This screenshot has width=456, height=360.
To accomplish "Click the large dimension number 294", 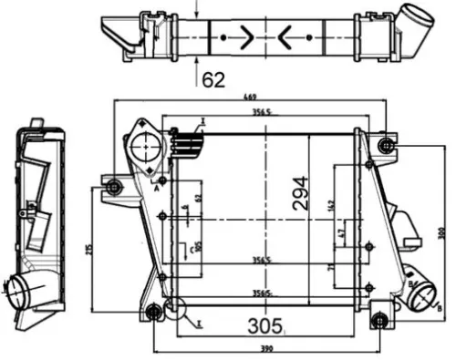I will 301,192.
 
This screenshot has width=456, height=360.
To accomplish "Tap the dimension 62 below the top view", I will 213,79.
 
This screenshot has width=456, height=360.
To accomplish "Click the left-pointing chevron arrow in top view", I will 285,37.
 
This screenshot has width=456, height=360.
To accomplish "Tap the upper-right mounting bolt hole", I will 385,145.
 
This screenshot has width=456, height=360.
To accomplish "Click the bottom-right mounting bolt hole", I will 381,319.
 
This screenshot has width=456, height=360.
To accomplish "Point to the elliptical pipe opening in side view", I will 19,292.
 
